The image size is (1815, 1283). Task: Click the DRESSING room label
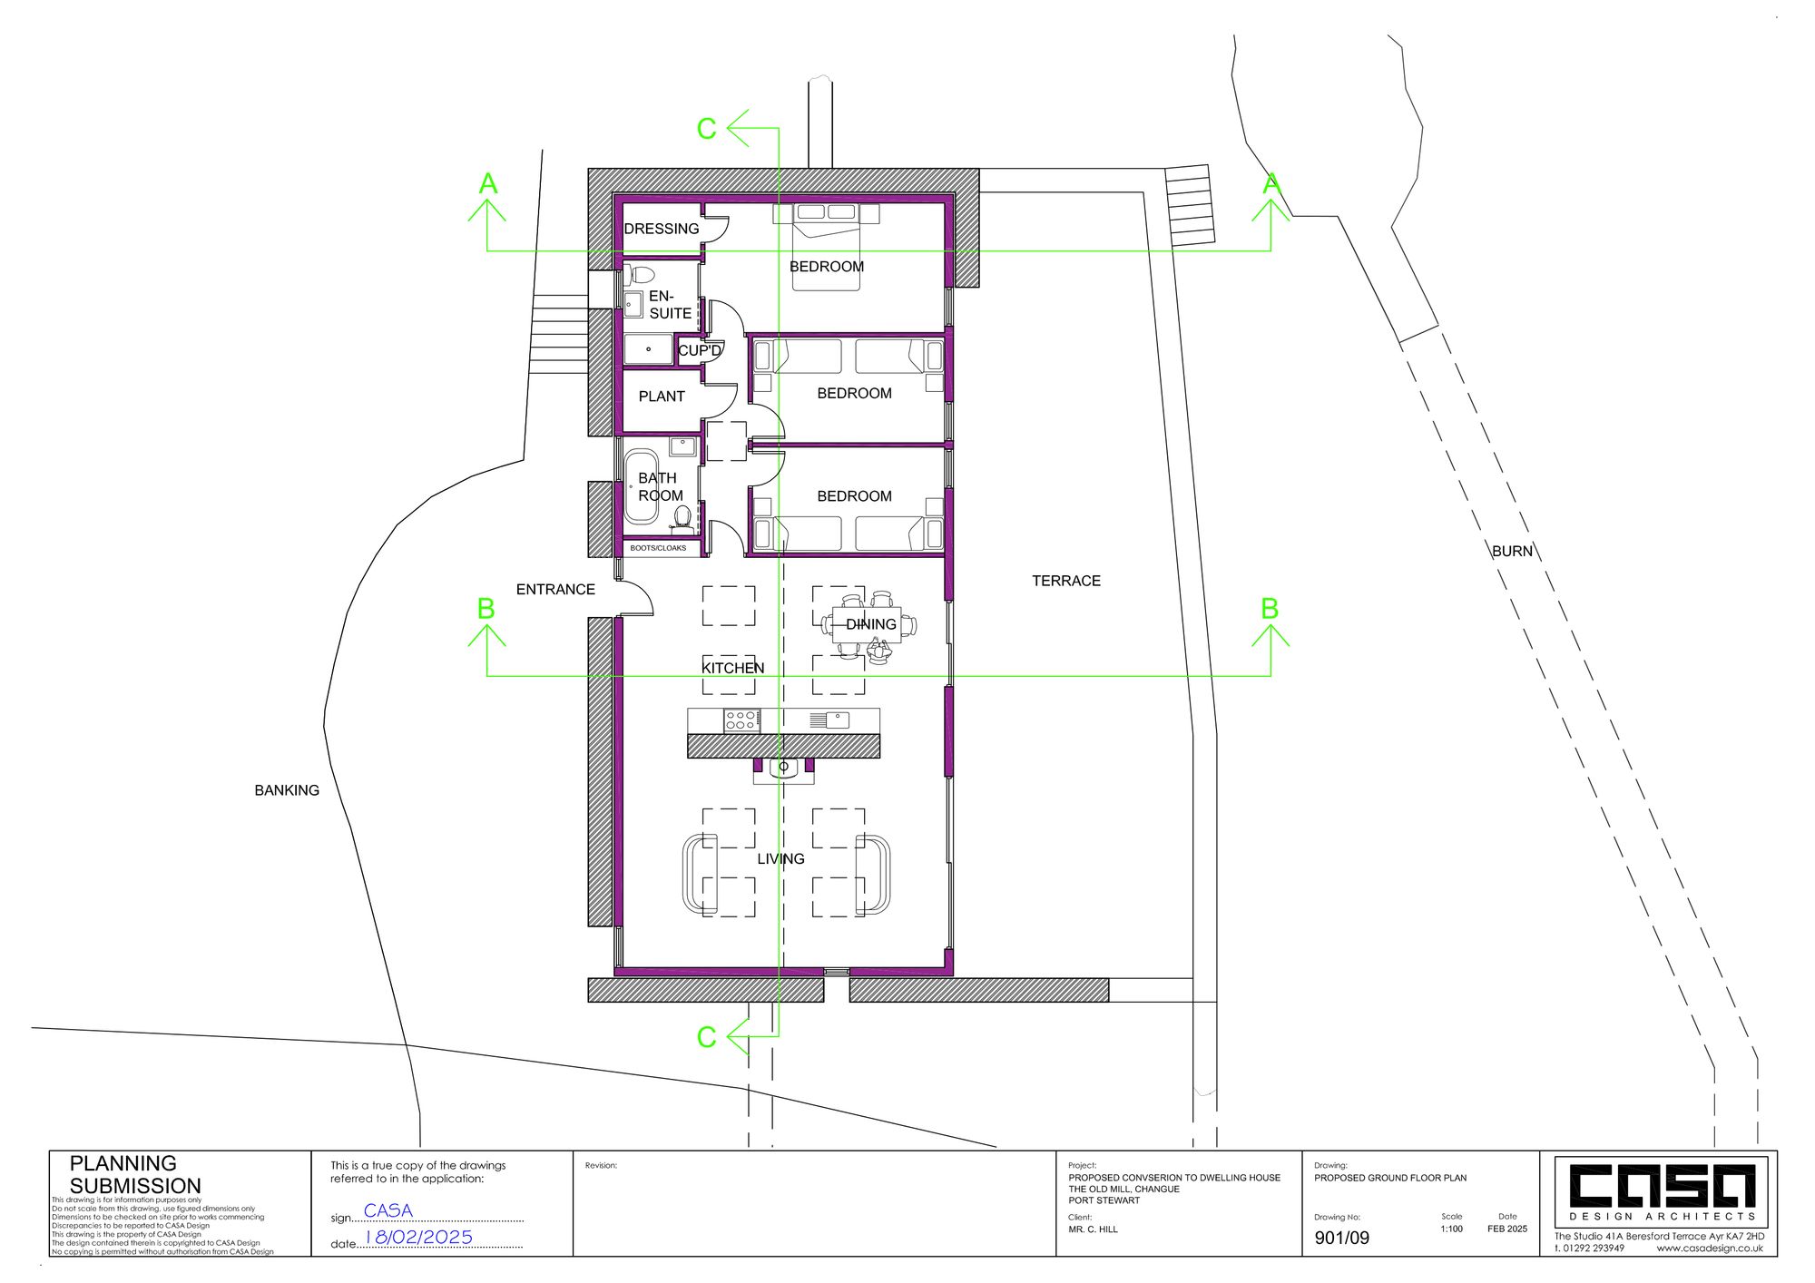point(662,229)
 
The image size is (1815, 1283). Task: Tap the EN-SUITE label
point(670,305)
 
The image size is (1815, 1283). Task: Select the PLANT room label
point(662,397)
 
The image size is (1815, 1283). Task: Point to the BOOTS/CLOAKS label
point(658,548)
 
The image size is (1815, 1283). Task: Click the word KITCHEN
point(733,668)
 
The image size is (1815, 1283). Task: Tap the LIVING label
point(781,858)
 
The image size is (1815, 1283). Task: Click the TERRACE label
point(1066,581)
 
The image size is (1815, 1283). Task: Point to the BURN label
point(1512,551)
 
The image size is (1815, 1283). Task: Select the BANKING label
point(287,790)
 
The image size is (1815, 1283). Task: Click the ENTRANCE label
point(555,590)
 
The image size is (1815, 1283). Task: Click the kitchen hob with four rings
point(741,720)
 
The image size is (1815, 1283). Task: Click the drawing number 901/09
point(1341,1238)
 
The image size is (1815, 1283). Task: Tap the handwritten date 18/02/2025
point(418,1237)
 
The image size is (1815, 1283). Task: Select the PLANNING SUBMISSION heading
point(135,1174)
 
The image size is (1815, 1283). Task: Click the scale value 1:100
point(1451,1229)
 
